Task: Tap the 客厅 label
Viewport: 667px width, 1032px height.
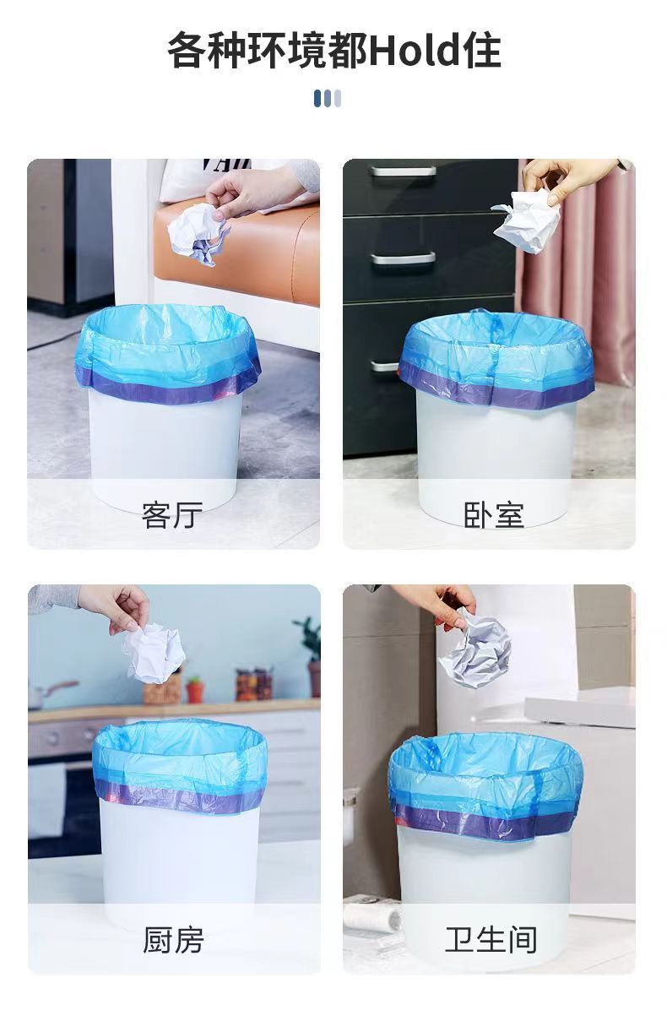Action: pos(172,513)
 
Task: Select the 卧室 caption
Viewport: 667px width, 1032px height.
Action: pos(493,513)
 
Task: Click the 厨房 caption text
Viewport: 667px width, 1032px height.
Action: pos(173,939)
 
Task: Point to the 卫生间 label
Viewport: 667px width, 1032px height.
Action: pos(491,939)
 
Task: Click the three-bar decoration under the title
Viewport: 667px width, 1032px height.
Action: pos(328,99)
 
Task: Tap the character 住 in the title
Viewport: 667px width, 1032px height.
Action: pos(482,50)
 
